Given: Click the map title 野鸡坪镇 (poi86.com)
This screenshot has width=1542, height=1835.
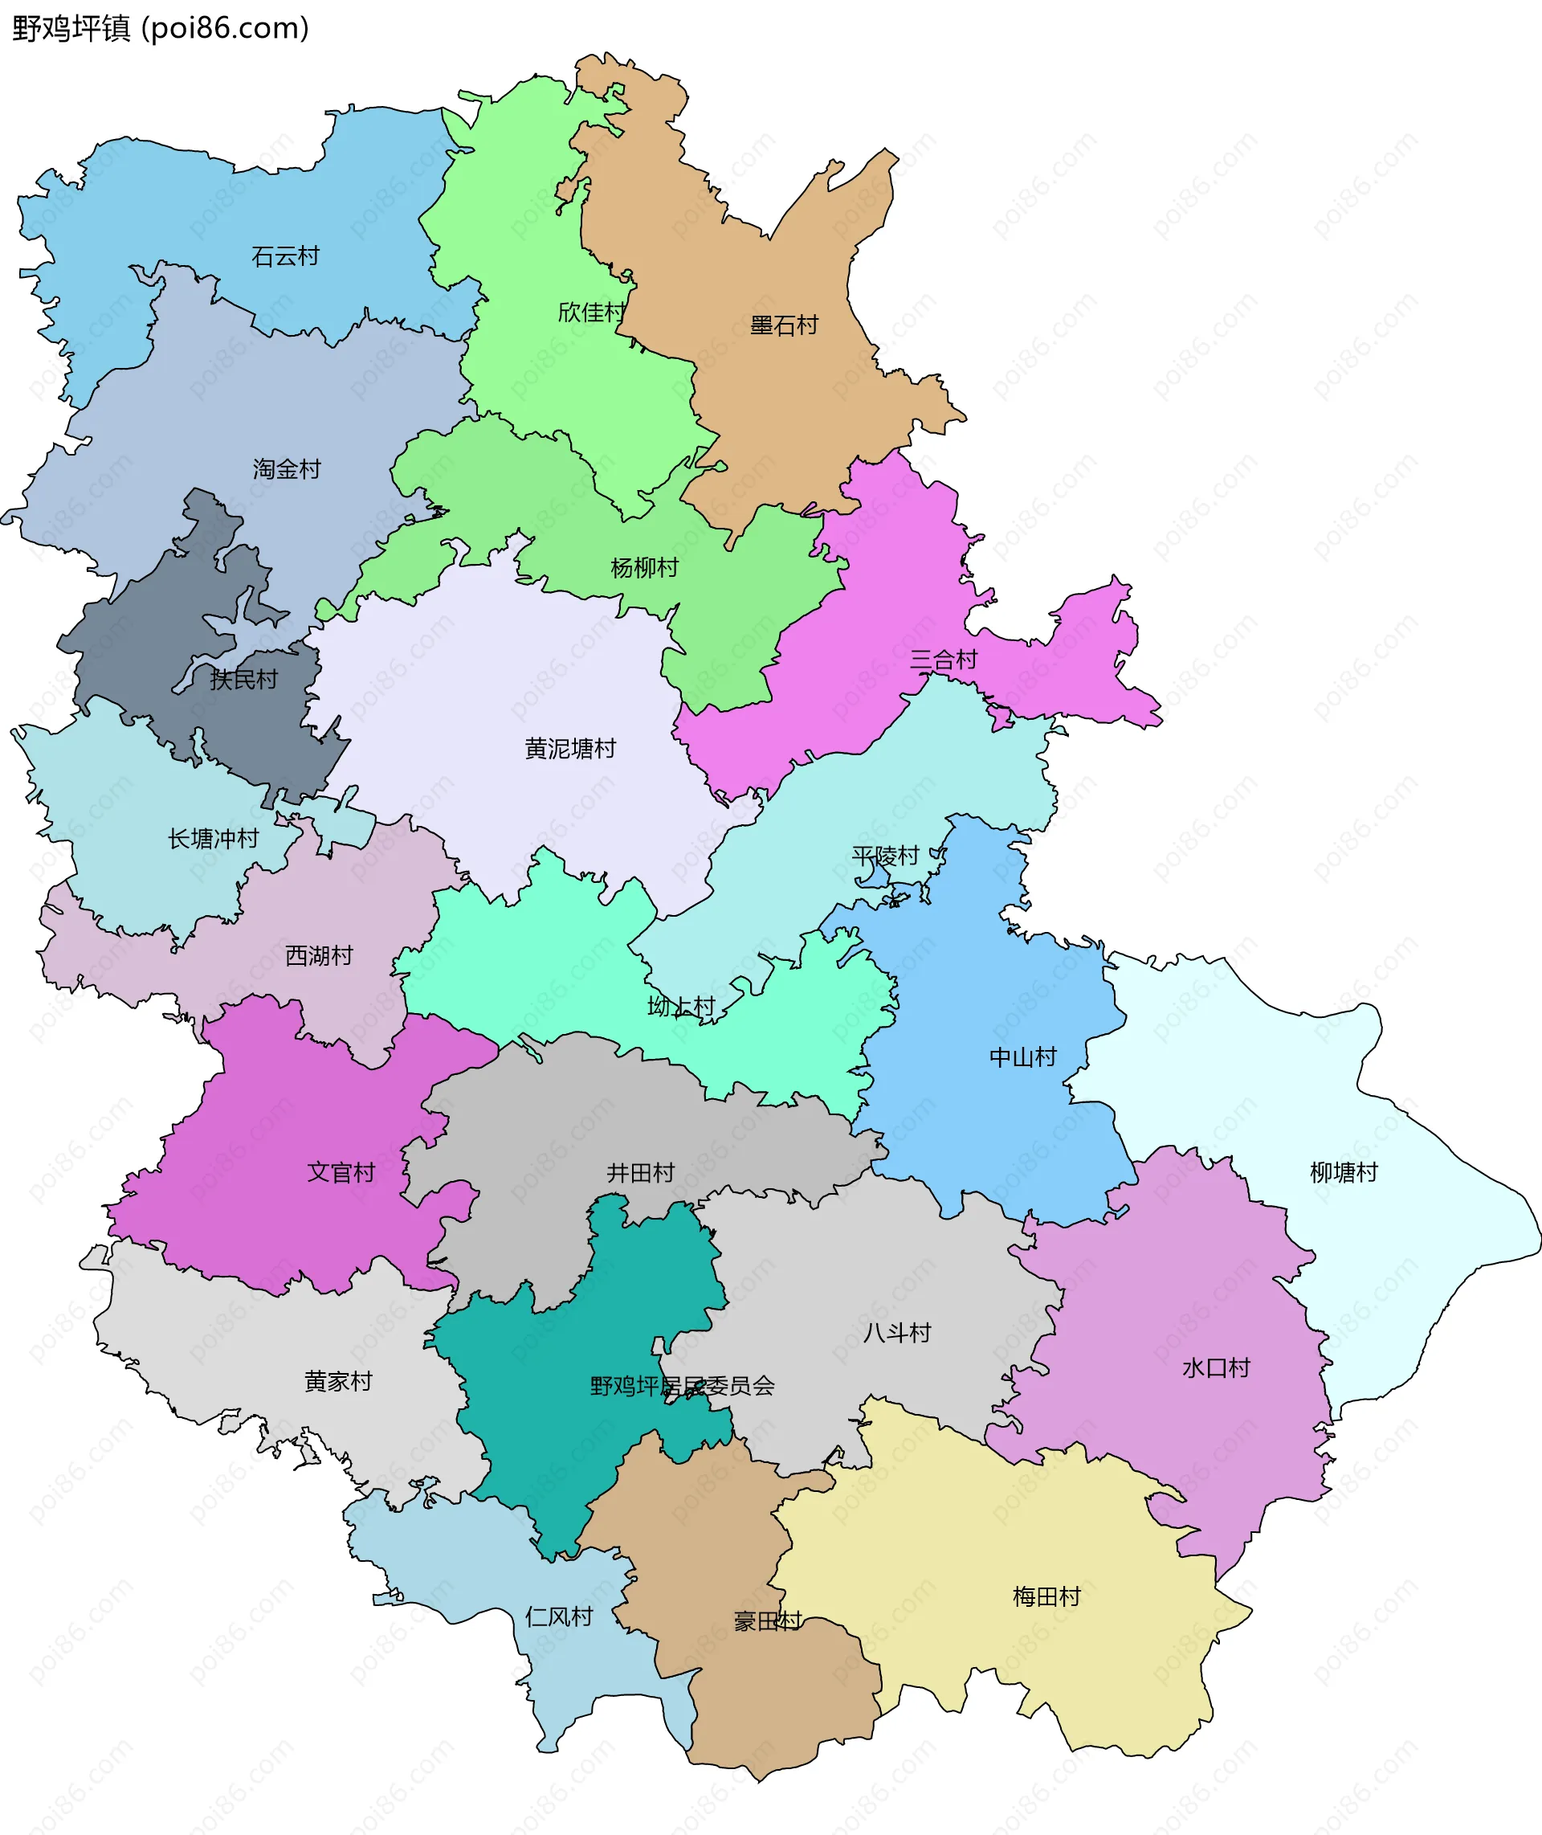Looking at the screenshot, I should tap(161, 29).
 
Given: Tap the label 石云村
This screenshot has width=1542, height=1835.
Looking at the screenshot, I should tap(285, 256).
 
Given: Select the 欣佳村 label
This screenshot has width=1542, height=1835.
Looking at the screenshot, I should tap(592, 312).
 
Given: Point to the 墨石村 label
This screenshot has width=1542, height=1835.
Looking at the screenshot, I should tap(784, 325).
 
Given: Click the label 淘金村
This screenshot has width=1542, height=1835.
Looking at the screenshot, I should tap(287, 469).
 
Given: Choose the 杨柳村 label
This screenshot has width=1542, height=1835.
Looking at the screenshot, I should tap(644, 568).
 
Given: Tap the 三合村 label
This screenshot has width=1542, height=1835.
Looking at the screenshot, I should tap(943, 660).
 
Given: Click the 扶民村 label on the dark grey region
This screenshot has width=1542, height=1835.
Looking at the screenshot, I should tap(244, 679).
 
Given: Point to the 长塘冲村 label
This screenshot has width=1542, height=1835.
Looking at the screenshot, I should tap(214, 840).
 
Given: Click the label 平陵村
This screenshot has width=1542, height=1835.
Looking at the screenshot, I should tap(886, 856).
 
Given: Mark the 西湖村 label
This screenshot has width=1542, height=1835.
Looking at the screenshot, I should tap(319, 955).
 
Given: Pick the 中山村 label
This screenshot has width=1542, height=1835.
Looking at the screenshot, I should tap(1022, 1058).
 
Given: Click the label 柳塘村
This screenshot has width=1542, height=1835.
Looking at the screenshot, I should tap(1344, 1172).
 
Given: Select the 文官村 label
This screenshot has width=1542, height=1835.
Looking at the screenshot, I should tap(341, 1172).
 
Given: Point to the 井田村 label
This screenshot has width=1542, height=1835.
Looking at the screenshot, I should tap(641, 1173).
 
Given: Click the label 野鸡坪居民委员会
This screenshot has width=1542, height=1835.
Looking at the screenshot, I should tap(682, 1386).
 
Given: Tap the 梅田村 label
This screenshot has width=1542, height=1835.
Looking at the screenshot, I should tap(1046, 1597).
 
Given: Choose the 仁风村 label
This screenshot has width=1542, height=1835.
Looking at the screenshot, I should tap(559, 1616).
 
